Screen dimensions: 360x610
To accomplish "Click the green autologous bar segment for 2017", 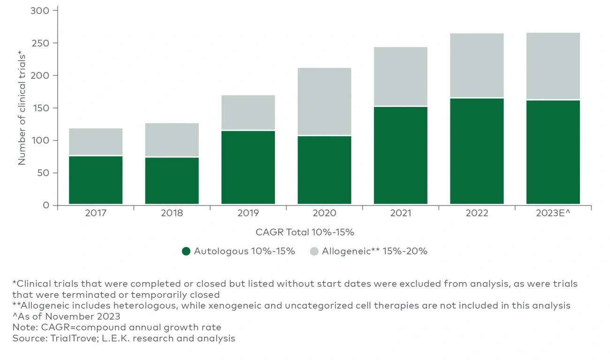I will coord(96,180).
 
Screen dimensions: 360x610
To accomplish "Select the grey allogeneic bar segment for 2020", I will coord(324,101).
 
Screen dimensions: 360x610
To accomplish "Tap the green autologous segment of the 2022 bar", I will coord(477,151).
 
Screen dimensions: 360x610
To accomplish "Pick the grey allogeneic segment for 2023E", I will coord(553,66).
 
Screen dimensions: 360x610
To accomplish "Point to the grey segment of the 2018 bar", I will coord(172,140).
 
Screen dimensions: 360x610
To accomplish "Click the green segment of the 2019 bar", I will coord(248,167).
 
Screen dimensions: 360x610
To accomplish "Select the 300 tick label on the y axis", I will coord(39,10).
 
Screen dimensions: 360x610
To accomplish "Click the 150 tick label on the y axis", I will coord(39,108).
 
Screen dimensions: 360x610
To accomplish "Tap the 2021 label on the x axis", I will coord(400,214).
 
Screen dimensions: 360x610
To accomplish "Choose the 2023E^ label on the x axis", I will coord(553,214).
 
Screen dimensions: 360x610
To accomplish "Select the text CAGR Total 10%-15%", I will coord(305,232).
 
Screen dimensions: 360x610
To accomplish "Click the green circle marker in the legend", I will coord(186,252).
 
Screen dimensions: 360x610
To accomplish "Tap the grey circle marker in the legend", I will coord(314,252).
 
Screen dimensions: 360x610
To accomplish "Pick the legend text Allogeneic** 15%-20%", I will coord(374,252).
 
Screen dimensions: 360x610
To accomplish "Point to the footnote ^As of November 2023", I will coord(66,317).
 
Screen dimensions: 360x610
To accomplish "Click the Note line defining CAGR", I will coord(116,328).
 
